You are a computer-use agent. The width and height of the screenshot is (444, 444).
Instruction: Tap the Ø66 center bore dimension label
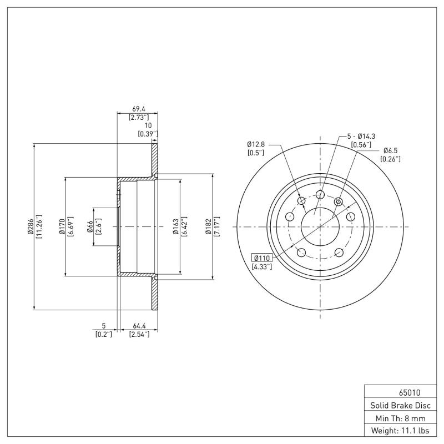(x=90, y=227)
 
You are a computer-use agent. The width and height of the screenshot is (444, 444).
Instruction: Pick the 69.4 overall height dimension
(x=138, y=109)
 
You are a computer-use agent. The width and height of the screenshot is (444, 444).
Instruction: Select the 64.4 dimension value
(x=139, y=326)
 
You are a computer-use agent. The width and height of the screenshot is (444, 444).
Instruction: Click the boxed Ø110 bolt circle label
(x=262, y=258)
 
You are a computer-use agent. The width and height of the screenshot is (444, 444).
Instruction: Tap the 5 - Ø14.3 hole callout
(x=361, y=136)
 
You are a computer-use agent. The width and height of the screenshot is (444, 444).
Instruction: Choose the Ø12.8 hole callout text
(x=256, y=144)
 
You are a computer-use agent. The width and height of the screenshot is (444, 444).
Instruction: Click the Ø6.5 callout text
(x=391, y=150)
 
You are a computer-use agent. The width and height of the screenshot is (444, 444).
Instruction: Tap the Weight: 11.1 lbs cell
(x=396, y=430)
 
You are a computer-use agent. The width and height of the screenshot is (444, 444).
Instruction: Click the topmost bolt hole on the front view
(x=320, y=194)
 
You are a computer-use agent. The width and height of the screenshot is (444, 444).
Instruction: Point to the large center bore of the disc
(x=320, y=226)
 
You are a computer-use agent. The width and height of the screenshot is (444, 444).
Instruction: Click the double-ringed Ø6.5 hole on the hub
(x=339, y=201)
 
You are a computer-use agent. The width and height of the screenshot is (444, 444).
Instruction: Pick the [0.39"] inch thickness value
(x=148, y=134)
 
